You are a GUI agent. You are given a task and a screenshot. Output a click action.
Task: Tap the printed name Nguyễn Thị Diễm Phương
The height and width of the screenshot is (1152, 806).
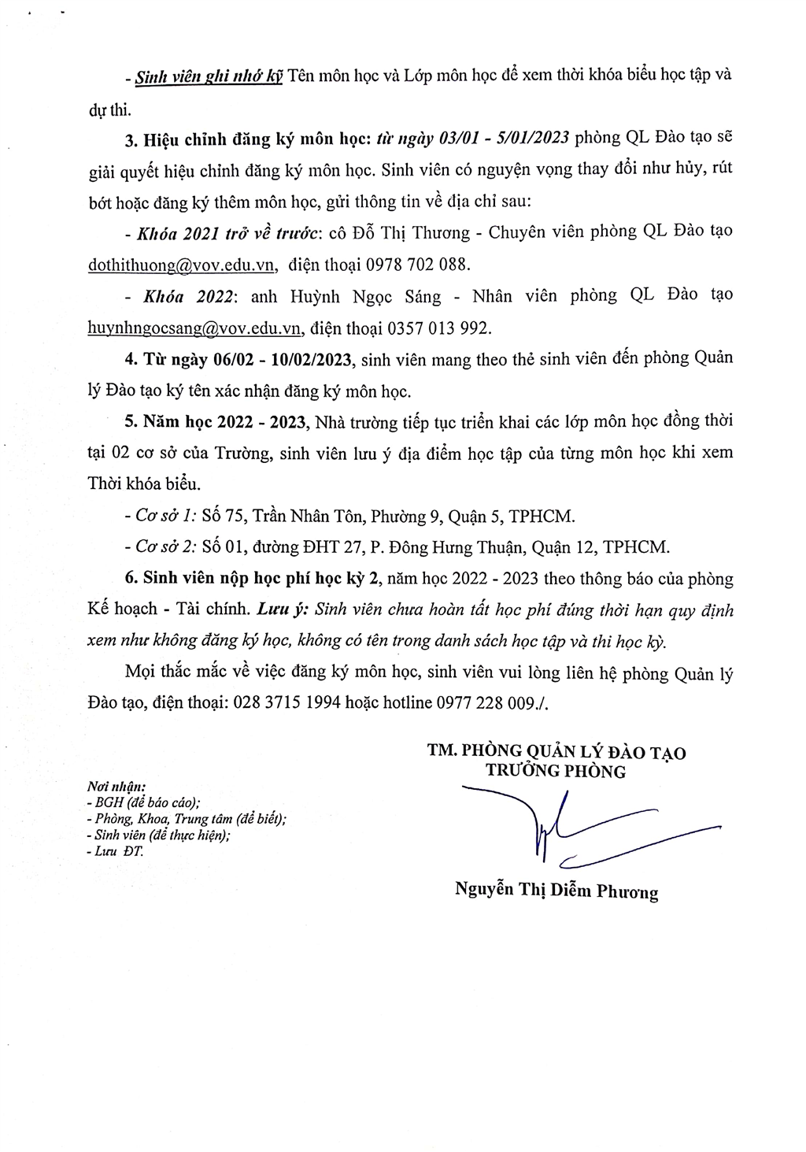coord(556,891)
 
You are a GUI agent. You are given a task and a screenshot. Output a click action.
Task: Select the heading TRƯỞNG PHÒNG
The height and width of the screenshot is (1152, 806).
coord(555,772)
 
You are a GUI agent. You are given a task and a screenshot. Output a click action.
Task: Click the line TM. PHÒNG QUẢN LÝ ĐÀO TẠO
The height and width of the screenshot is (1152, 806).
coord(556,752)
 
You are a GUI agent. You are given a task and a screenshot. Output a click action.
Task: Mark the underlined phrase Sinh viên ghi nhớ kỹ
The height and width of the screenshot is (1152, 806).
coord(209,77)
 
